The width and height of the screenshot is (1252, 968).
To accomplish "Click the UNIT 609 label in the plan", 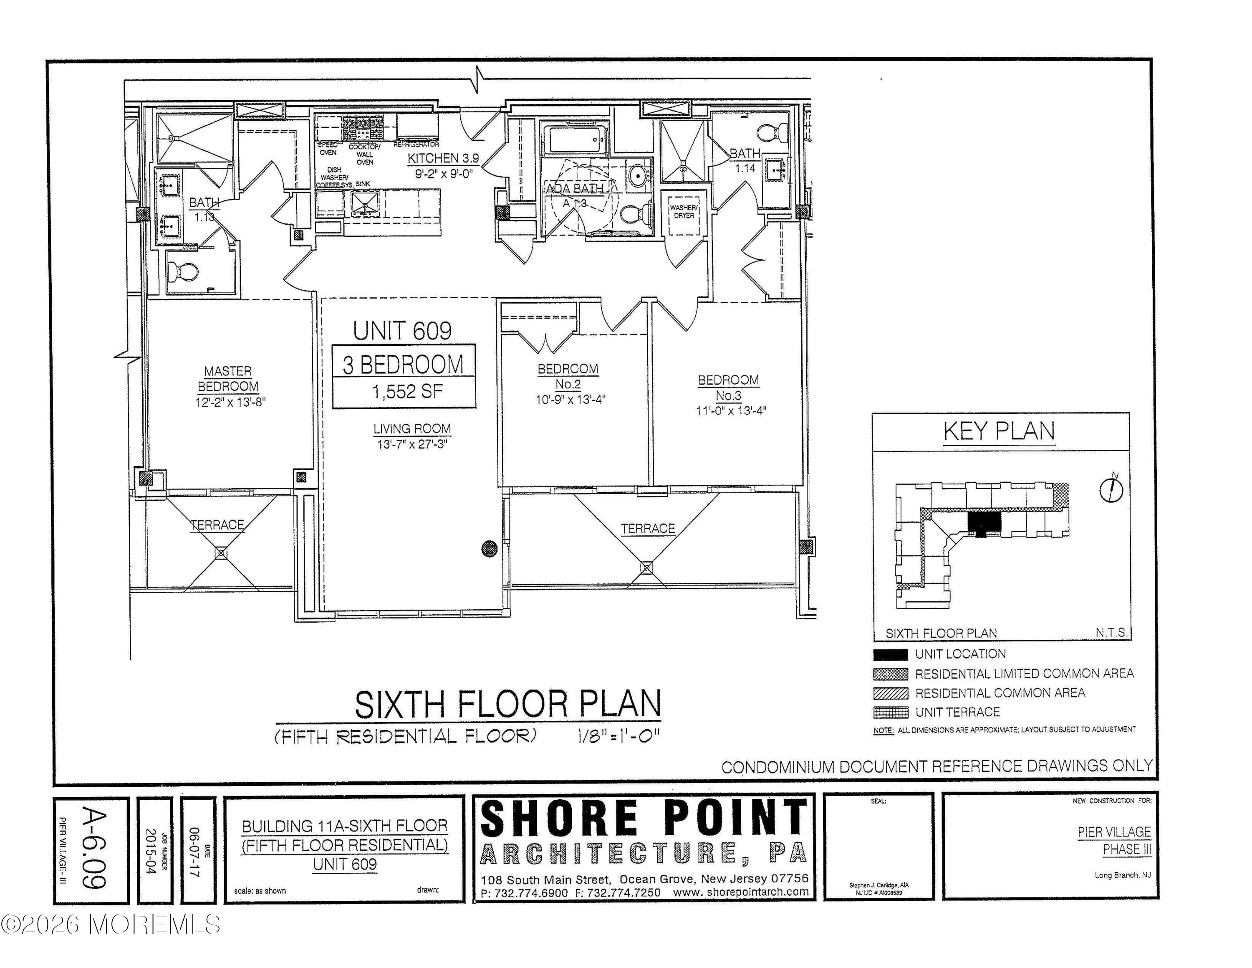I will click(x=402, y=331).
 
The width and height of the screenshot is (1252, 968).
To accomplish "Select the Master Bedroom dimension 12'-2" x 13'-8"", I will click(x=230, y=402).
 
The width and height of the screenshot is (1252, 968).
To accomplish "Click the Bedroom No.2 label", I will click(x=568, y=376).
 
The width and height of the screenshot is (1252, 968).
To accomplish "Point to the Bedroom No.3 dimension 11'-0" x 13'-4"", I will click(x=731, y=411).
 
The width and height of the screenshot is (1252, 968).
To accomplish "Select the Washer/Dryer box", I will click(x=683, y=212).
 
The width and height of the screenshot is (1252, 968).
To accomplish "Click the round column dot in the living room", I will click(x=489, y=549).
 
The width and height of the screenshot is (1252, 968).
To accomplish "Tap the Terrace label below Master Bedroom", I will click(x=217, y=525).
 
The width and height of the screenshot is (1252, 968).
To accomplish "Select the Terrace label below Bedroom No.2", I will click(x=648, y=529).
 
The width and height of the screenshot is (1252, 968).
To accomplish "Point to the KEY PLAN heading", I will click(x=999, y=431).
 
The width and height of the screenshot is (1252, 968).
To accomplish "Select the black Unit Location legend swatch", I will click(x=890, y=654).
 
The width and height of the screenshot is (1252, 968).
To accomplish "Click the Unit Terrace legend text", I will click(x=957, y=712).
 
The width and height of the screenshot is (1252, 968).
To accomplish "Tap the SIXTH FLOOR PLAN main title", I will click(x=508, y=705).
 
